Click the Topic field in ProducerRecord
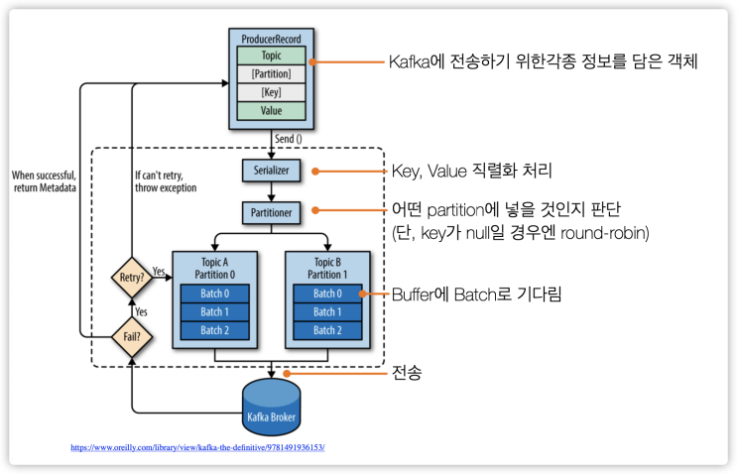(x=271, y=56)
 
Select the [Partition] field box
(x=271, y=73)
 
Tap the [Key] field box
(x=271, y=92)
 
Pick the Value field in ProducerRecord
(x=271, y=111)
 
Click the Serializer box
(x=271, y=171)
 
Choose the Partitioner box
(x=271, y=213)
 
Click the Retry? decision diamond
(x=132, y=278)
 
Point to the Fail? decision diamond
(x=132, y=336)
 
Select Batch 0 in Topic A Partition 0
(x=215, y=294)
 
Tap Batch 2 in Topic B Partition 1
(x=327, y=330)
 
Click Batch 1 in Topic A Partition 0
(x=215, y=312)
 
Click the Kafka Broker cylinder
(x=271, y=407)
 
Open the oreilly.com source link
(x=197, y=447)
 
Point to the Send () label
(x=288, y=139)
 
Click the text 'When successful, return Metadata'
(x=45, y=181)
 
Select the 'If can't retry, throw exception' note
(x=166, y=181)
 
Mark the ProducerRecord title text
(x=271, y=39)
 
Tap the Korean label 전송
(x=407, y=373)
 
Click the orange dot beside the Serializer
(x=315, y=172)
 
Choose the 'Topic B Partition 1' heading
(x=327, y=269)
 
